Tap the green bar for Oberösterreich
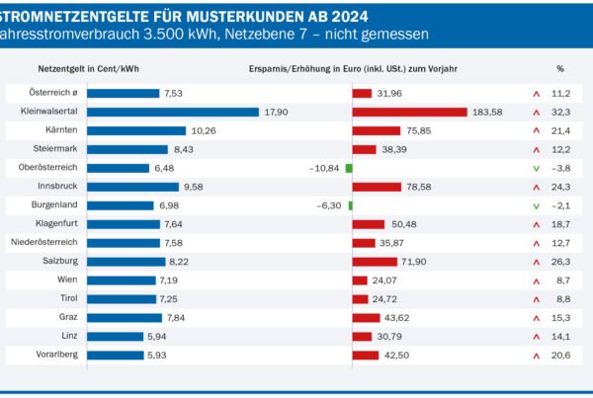click(349, 168)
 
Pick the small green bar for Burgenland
click(351, 205)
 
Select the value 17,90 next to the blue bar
click(276, 113)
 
